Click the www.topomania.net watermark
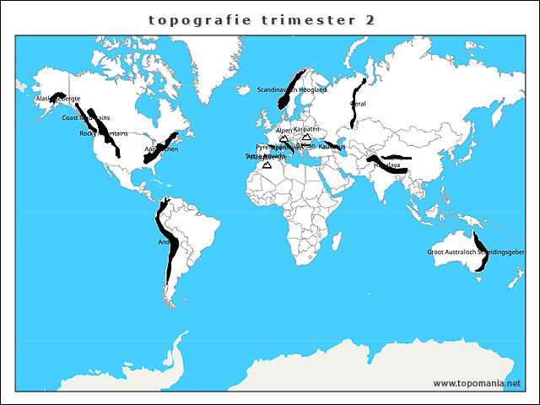click(x=477, y=383)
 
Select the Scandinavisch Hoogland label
click(x=291, y=89)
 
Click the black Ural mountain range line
click(x=358, y=97)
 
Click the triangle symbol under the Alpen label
click(x=283, y=138)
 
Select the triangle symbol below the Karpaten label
click(x=307, y=137)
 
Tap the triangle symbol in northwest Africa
click(x=267, y=165)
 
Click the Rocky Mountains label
click(x=103, y=133)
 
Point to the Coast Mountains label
click(x=85, y=118)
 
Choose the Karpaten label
click(x=306, y=129)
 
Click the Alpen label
click(x=283, y=131)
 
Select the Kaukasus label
click(x=332, y=147)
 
